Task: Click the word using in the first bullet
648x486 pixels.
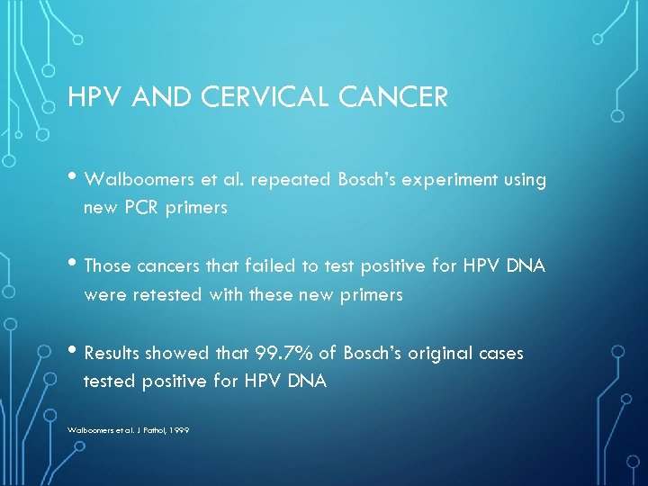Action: click(x=523, y=180)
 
